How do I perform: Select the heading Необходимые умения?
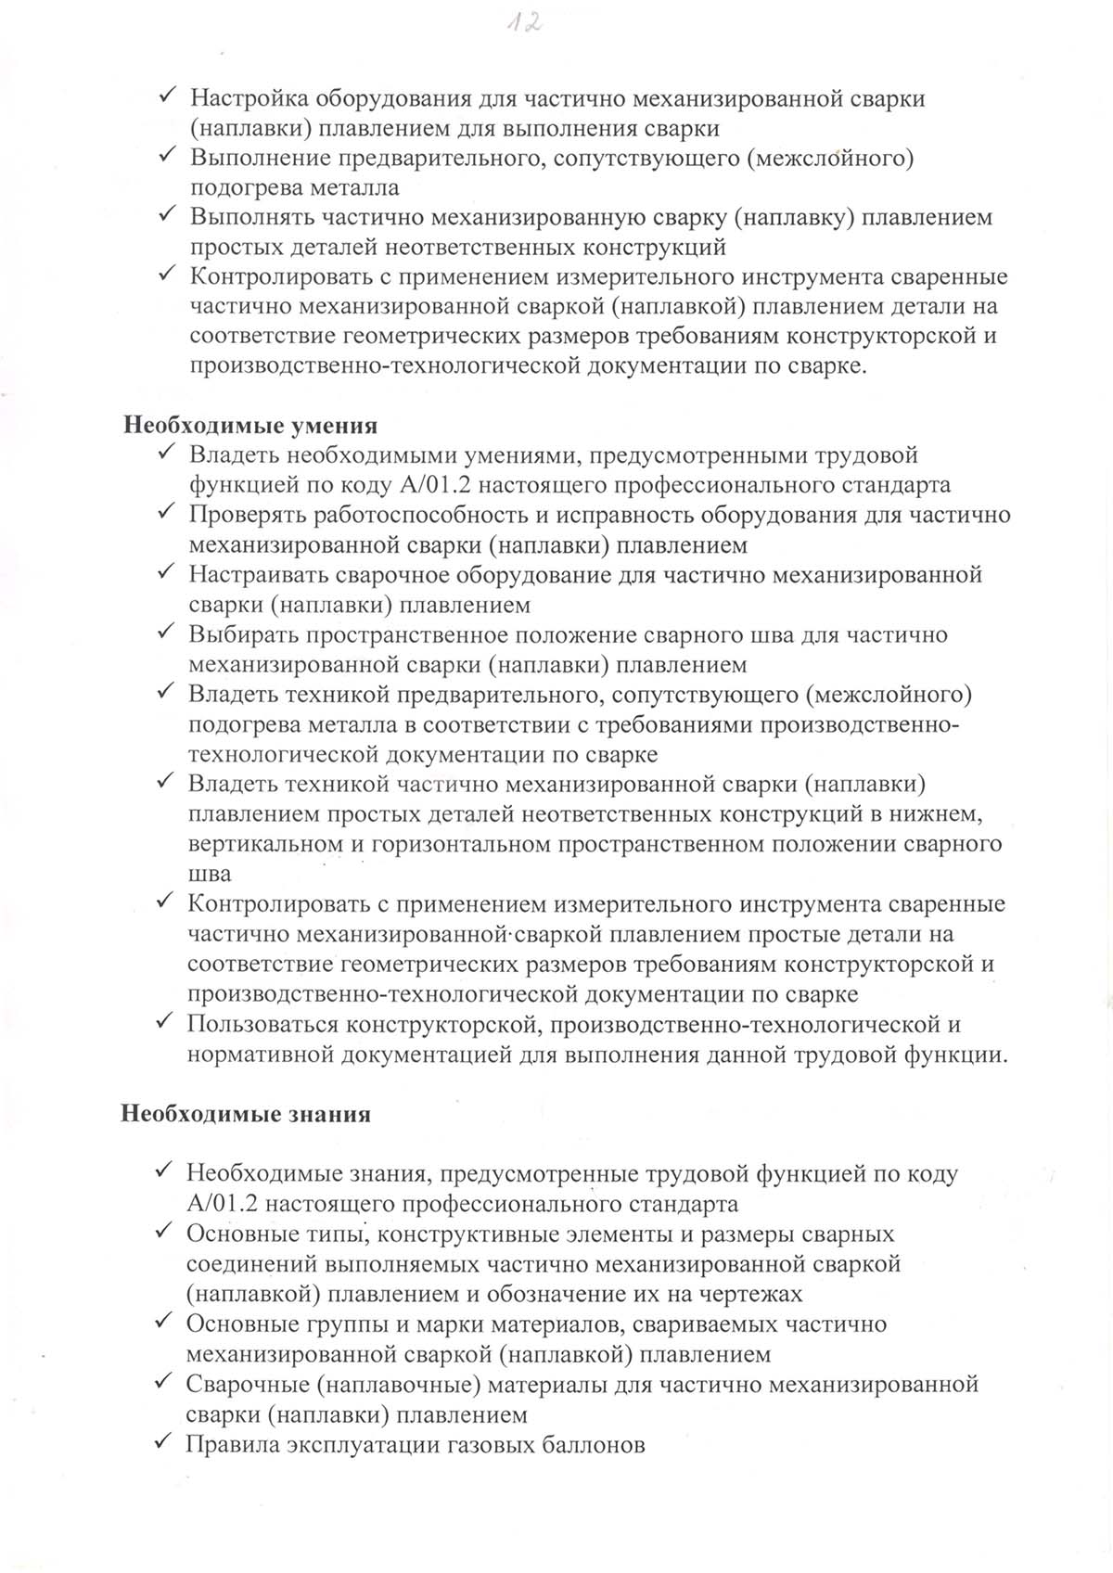point(250,426)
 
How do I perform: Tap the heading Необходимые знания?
point(246,1114)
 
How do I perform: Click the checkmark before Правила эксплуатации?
point(163,1442)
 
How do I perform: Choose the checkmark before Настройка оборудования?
point(168,96)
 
